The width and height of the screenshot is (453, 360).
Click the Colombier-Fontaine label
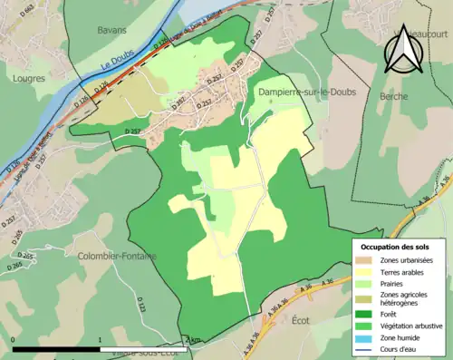(116, 257)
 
